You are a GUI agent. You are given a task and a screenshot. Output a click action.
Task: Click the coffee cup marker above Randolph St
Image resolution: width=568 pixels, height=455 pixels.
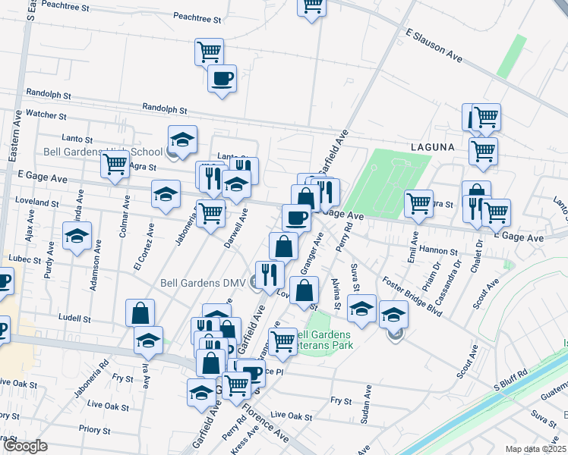pyautogui.click(x=222, y=78)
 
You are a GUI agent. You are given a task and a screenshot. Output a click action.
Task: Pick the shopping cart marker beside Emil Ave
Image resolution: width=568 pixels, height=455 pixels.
pyautogui.click(x=418, y=203)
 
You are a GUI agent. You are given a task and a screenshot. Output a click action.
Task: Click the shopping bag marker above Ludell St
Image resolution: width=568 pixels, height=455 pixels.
pyautogui.click(x=140, y=312)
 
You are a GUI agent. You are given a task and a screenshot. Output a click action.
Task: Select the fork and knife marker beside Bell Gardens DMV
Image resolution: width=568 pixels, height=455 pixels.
pyautogui.click(x=270, y=275)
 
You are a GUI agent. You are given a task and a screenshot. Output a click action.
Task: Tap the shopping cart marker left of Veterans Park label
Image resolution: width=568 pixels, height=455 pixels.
pyautogui.click(x=282, y=341)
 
